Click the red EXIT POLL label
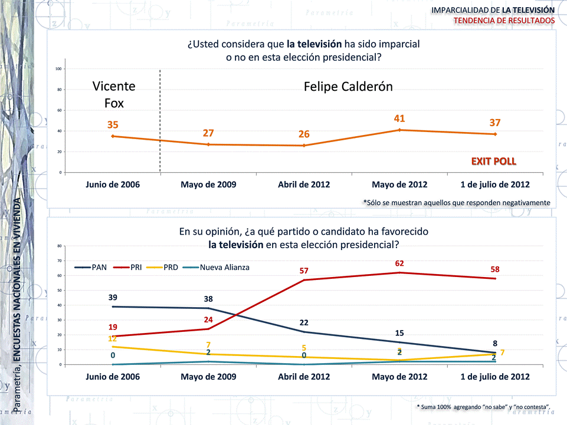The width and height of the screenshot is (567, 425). point(493,161)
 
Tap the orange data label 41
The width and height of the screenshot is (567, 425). point(399,118)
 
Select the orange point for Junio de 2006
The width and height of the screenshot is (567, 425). point(113,136)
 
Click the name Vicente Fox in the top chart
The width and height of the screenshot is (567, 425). point(114,94)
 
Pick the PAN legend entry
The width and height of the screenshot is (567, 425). point(91,267)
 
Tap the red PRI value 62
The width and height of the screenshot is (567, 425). point(399,263)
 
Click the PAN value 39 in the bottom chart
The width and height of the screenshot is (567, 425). point(113,297)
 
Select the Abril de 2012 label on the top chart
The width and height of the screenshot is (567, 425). point(304,185)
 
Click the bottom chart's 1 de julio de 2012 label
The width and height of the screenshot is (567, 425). point(495,377)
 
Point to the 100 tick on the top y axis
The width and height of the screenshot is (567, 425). point(59,69)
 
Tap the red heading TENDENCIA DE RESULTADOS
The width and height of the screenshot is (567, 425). point(504,21)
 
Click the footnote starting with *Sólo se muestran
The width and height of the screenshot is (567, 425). point(457,202)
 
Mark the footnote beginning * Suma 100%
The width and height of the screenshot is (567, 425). point(483,407)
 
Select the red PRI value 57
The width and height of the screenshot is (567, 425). point(304,271)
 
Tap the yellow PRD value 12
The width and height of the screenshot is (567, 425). point(112,338)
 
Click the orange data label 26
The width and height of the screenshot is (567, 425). point(304,134)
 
